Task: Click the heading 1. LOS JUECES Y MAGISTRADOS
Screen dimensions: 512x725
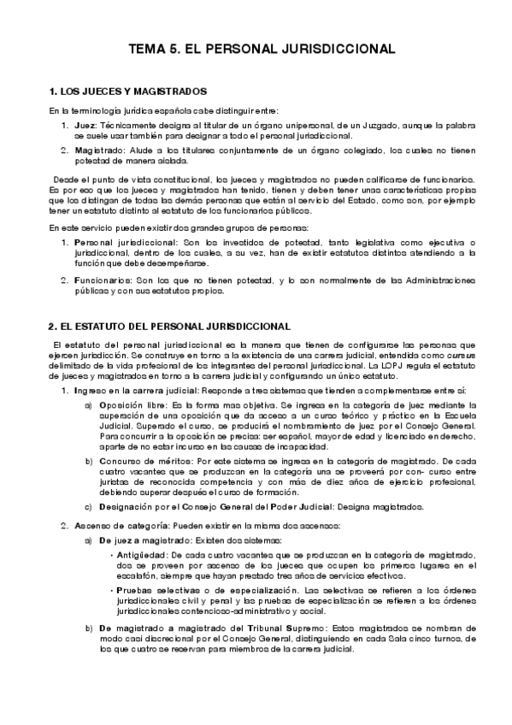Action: (x=128, y=91)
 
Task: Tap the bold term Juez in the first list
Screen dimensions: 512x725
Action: (x=85, y=126)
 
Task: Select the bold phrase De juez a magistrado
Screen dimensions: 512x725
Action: (x=144, y=541)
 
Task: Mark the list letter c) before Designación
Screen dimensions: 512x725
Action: (x=89, y=506)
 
